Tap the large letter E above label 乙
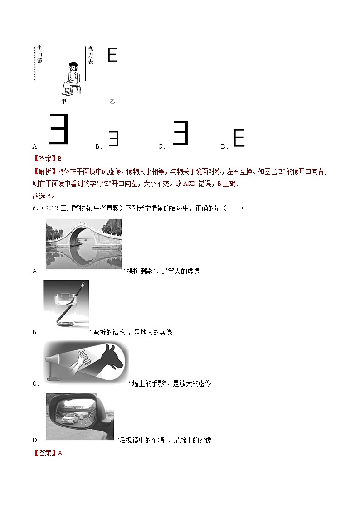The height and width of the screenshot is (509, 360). [x=112, y=55]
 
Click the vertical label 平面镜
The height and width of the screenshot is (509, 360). [x=39, y=54]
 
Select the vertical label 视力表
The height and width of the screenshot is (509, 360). [x=90, y=55]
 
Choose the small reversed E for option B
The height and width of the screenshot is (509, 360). [x=113, y=139]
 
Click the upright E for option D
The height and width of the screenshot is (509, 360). [x=238, y=138]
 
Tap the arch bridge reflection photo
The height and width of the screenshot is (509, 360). [x=83, y=244]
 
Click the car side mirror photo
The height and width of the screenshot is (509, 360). [x=80, y=417]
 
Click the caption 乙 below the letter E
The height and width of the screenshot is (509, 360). [x=112, y=102]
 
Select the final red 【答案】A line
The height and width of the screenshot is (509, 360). [x=48, y=452]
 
